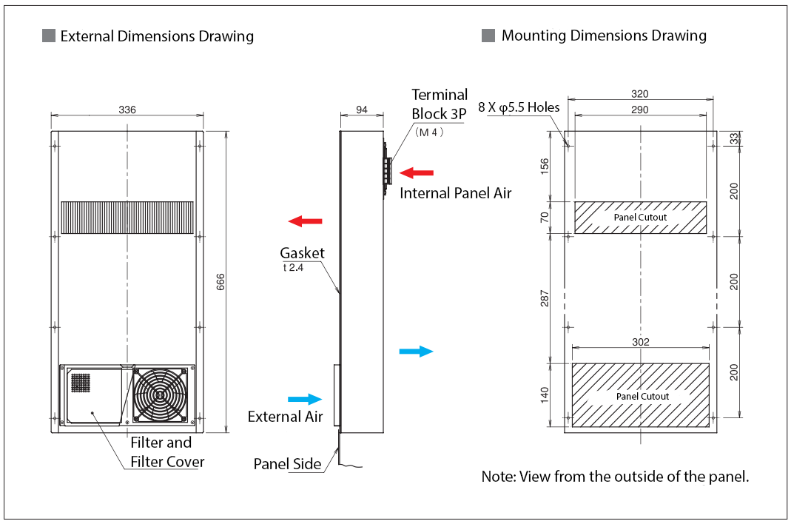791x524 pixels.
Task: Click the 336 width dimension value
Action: pos(127,110)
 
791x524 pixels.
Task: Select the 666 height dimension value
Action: pos(221,282)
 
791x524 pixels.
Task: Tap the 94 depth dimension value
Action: pos(362,110)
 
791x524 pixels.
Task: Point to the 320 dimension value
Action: pos(640,94)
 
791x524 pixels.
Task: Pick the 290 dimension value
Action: pos(640,110)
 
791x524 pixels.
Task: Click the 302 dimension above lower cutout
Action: pos(641,342)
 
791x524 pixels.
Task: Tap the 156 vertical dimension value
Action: pos(545,164)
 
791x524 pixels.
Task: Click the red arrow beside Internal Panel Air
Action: pos(417,173)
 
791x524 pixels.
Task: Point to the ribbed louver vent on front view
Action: pos(127,218)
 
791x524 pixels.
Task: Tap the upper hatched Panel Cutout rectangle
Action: pos(640,218)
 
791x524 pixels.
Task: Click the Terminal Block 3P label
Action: pos(440,104)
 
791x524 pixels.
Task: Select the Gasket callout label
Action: pos(302,253)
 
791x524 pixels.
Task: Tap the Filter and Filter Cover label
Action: pos(167,452)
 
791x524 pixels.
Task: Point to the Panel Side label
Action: pos(287,464)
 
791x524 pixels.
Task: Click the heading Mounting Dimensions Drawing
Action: pos(604,36)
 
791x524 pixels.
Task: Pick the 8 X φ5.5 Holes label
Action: pos(519,107)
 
